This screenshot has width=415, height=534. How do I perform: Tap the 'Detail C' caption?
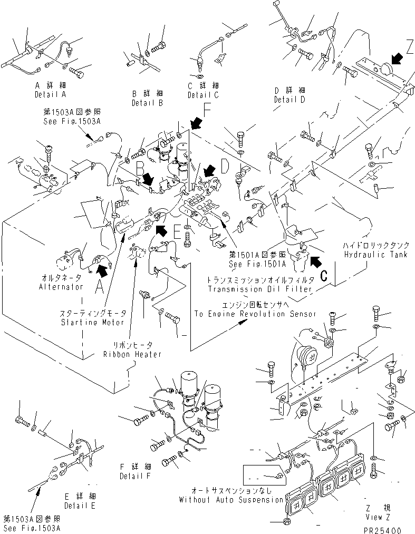point(202,95)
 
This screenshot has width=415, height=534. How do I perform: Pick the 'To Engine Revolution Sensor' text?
point(255,314)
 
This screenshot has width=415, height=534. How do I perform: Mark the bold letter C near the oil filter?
point(324,274)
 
